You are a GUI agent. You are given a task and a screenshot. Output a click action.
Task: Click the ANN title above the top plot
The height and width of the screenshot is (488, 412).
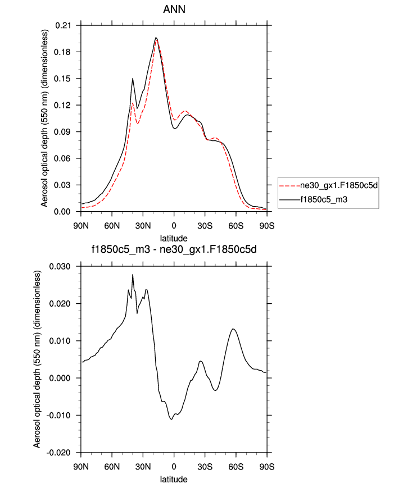174,10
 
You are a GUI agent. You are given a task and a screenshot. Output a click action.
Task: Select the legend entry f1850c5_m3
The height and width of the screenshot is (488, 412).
324,198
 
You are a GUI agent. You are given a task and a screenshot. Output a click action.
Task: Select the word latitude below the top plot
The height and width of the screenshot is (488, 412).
174,239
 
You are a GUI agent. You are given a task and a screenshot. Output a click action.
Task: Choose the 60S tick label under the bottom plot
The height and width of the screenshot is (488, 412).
236,467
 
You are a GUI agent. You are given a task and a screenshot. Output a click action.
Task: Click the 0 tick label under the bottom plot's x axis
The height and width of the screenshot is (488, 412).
174,467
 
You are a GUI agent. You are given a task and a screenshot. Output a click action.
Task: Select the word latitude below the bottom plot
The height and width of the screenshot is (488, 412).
174,480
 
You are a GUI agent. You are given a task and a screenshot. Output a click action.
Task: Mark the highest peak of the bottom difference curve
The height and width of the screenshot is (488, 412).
133,275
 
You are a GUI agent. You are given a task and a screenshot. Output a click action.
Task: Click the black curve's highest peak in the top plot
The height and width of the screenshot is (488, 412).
156,38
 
